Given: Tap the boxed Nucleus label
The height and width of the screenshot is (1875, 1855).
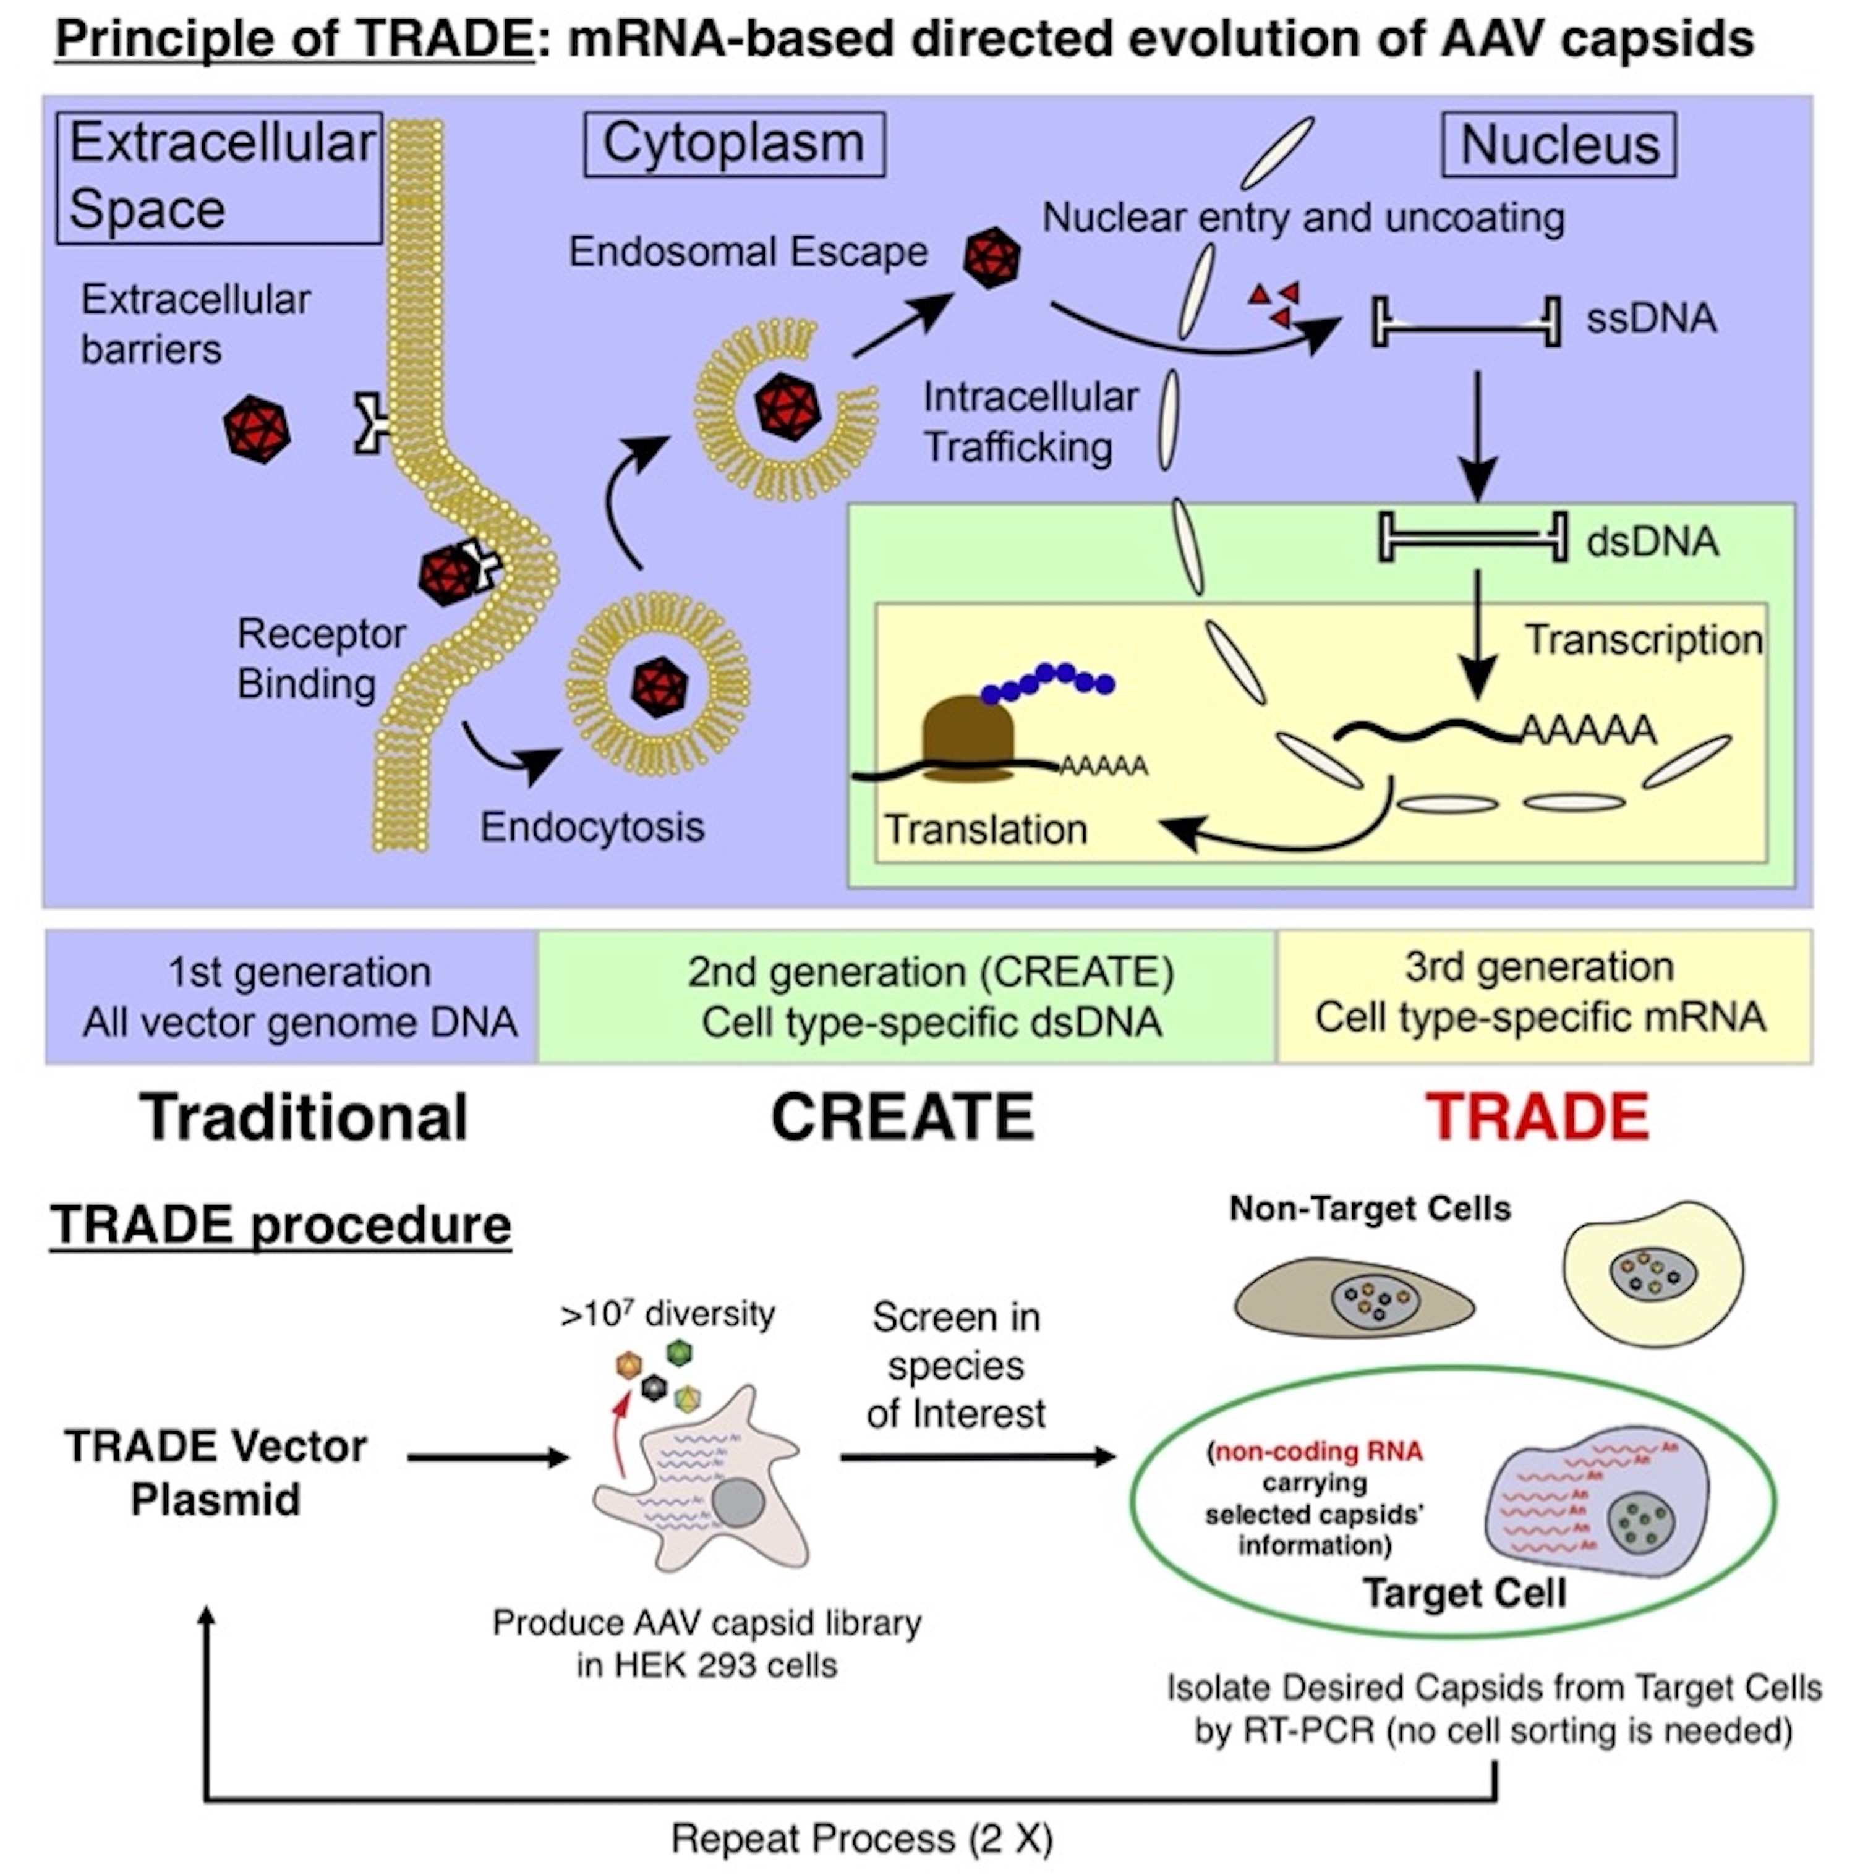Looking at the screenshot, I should (1559, 145).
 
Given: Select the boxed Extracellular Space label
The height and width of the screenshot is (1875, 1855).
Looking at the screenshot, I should (220, 177).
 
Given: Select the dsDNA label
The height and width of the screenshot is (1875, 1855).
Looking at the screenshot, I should (1652, 540).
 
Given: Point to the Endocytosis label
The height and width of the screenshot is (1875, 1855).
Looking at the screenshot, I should (592, 827).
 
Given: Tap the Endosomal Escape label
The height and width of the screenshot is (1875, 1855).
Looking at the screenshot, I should (748, 252).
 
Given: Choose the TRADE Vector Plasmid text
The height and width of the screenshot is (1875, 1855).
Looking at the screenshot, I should (216, 1473).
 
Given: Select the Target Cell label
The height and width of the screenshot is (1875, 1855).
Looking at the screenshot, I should (1464, 1592).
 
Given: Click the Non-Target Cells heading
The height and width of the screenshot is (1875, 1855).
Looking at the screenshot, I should (1370, 1208).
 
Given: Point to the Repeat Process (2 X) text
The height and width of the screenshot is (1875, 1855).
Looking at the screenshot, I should (862, 1838).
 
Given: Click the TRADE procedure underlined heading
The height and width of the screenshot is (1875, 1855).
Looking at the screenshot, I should (281, 1225).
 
